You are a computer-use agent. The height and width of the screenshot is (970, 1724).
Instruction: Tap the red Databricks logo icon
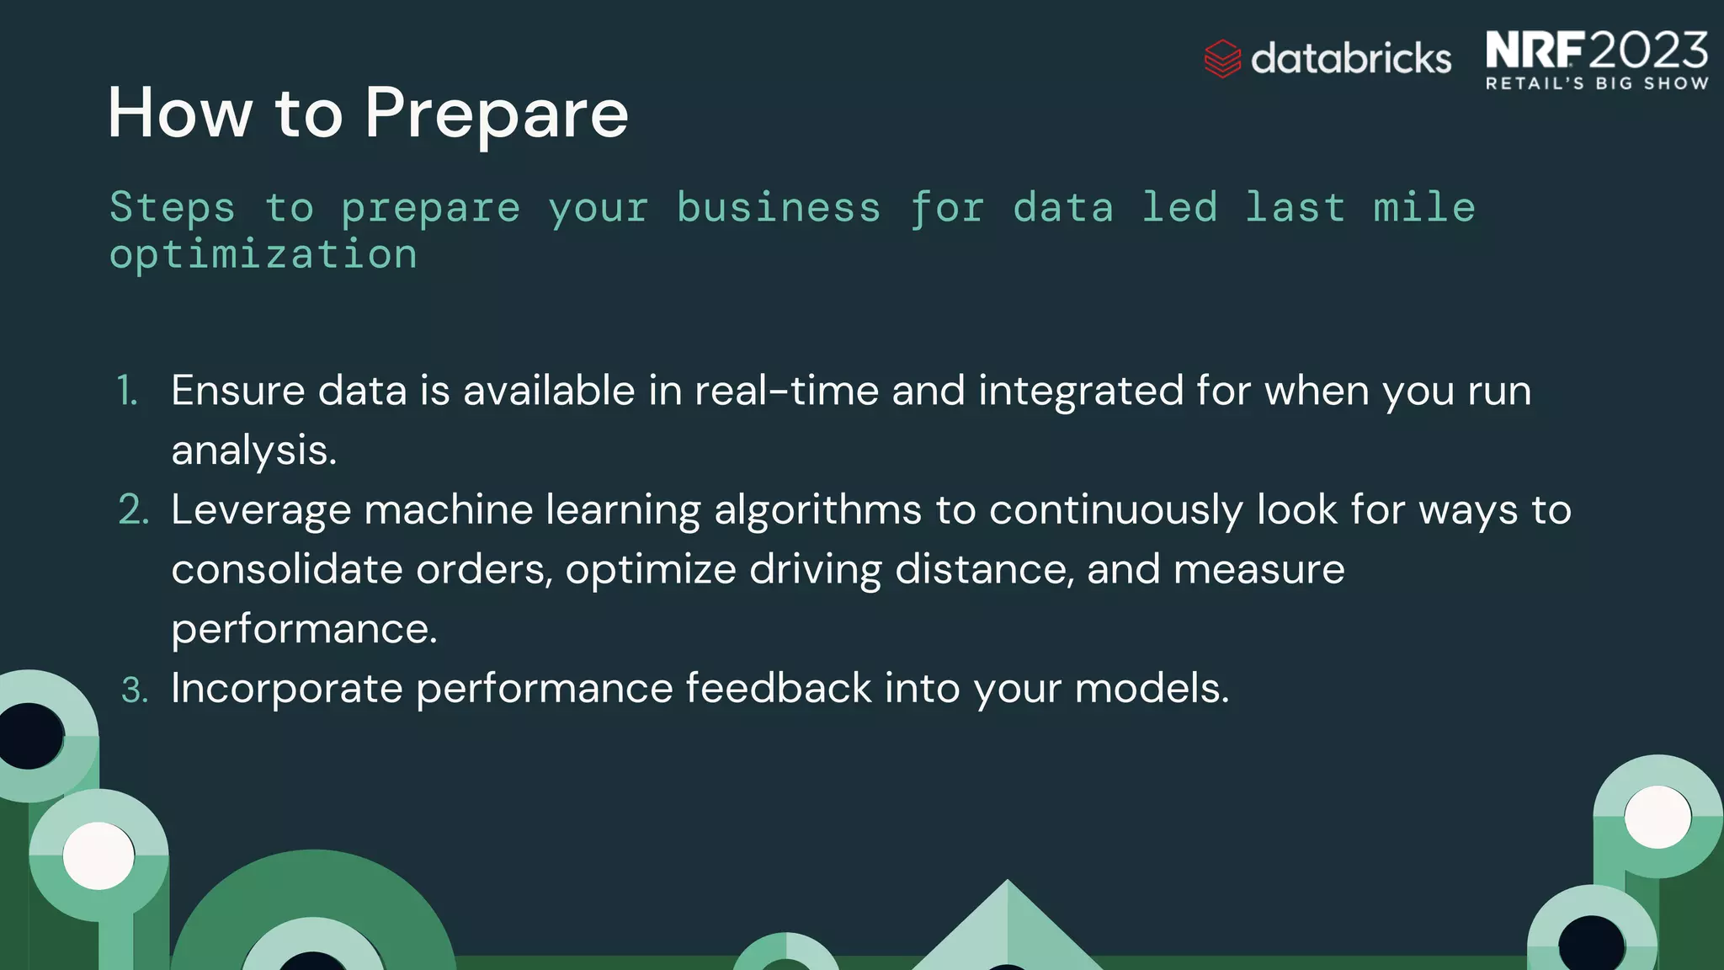point(1222,59)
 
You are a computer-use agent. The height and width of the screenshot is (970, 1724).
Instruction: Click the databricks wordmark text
point(1351,59)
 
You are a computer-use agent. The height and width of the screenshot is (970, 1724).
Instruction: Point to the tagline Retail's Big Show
point(1597,83)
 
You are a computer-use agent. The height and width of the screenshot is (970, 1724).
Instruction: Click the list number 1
point(127,391)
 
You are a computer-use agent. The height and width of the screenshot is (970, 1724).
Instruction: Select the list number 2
point(133,510)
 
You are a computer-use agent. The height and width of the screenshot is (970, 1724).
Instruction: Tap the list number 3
point(134,690)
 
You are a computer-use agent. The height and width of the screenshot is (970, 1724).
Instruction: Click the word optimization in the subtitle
point(263,254)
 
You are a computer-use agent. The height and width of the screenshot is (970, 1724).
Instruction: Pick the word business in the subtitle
point(779,208)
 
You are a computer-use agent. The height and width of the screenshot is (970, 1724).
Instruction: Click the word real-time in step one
point(786,391)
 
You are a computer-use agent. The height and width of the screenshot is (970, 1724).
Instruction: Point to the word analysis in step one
point(253,450)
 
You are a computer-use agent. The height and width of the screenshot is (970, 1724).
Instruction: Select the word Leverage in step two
point(261,510)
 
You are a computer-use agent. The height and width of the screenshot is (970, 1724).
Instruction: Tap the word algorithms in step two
point(817,510)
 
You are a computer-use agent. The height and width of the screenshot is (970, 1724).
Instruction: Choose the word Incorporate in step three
point(287,689)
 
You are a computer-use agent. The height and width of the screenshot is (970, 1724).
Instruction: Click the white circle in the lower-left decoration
point(98,855)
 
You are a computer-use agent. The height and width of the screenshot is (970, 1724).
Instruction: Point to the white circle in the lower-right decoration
point(1657,817)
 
